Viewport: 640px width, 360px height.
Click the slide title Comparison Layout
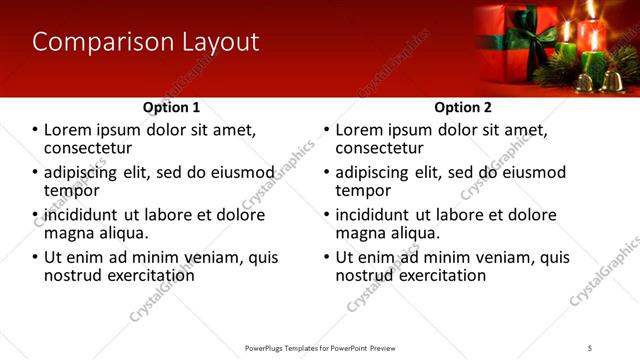pyautogui.click(x=145, y=42)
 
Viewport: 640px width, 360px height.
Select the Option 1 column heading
pyautogui.click(x=171, y=107)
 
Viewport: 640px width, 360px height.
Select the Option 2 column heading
pyautogui.click(x=462, y=107)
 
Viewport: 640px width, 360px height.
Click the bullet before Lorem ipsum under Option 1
pyautogui.click(x=35, y=131)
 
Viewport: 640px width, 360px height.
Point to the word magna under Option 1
pyautogui.click(x=68, y=233)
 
